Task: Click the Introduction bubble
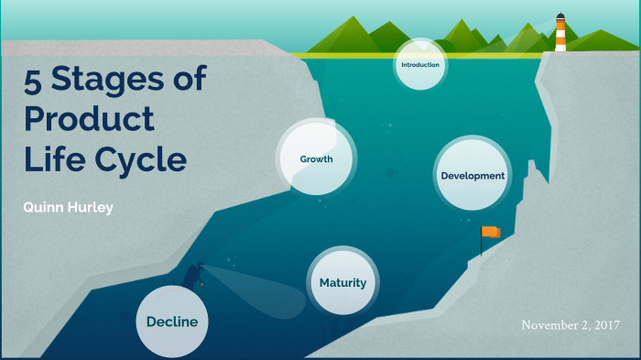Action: pyautogui.click(x=420, y=65)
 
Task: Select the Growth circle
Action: pyautogui.click(x=316, y=159)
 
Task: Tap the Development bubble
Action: pyautogui.click(x=472, y=175)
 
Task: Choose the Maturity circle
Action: pyautogui.click(x=342, y=282)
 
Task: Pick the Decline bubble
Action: pyautogui.click(x=172, y=321)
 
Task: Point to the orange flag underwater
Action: pyautogui.click(x=491, y=233)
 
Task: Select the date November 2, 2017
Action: pyautogui.click(x=570, y=325)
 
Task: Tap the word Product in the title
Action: pyautogui.click(x=89, y=120)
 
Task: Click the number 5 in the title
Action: pyautogui.click(x=33, y=81)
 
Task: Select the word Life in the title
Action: pyautogui.click(x=53, y=159)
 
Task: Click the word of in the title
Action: pyautogui.click(x=186, y=81)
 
